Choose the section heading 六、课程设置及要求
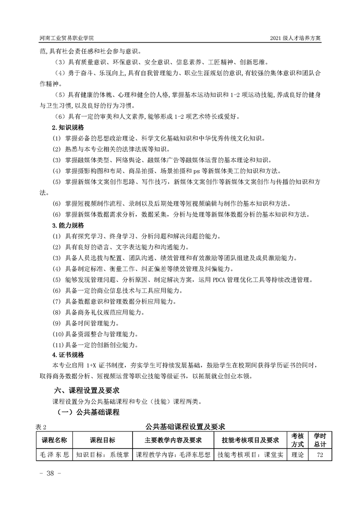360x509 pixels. click(87, 390)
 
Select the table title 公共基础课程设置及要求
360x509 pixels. click(186, 426)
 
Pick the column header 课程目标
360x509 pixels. click(102, 440)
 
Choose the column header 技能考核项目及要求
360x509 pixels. click(250, 440)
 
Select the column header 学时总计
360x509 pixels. click(320, 440)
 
